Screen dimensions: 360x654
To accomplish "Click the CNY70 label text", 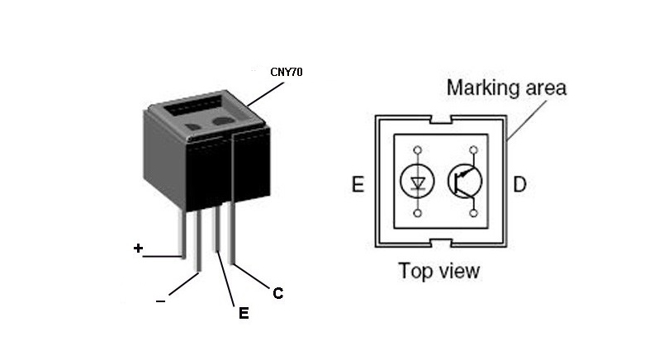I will click(x=287, y=72).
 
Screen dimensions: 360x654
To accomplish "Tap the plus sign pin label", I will click(x=138, y=248).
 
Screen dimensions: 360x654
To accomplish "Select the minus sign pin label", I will click(x=160, y=301).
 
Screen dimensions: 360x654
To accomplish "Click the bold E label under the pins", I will click(x=243, y=313).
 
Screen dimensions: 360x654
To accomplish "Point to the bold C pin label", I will click(x=278, y=293).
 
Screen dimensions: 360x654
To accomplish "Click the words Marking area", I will click(x=506, y=88).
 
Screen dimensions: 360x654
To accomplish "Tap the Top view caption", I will click(x=438, y=271).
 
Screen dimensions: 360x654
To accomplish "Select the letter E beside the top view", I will click(x=358, y=183).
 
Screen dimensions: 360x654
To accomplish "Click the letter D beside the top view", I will click(x=519, y=183).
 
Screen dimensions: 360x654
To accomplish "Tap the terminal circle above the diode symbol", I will click(x=417, y=150).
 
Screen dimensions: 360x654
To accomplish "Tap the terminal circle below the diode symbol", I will click(x=417, y=214).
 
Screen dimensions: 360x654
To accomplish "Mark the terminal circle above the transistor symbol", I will click(x=473, y=150).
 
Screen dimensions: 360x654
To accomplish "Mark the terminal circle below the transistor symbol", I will click(x=473, y=214).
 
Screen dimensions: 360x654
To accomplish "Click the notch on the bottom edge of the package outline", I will click(x=440, y=242).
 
